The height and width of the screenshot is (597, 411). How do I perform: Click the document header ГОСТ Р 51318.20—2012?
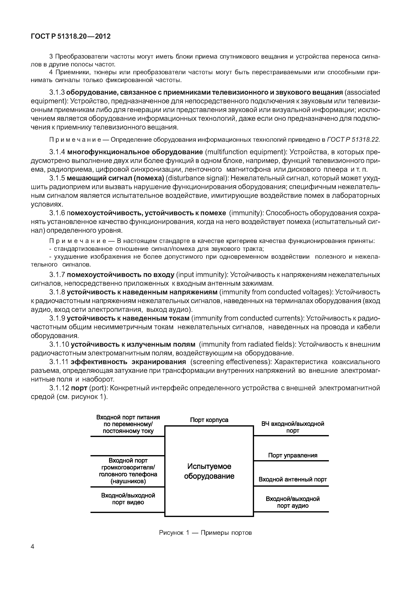[71, 36]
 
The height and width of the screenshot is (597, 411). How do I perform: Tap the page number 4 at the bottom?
[32, 546]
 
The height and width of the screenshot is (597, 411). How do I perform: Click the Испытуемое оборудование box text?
[209, 471]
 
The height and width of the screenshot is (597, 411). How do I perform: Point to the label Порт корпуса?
[209, 420]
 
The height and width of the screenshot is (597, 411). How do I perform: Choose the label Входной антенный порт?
[293, 479]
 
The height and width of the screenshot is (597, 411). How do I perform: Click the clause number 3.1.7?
[57, 275]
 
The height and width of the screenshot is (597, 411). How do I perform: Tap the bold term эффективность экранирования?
[128, 362]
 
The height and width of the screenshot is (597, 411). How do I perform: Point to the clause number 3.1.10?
[59, 344]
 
